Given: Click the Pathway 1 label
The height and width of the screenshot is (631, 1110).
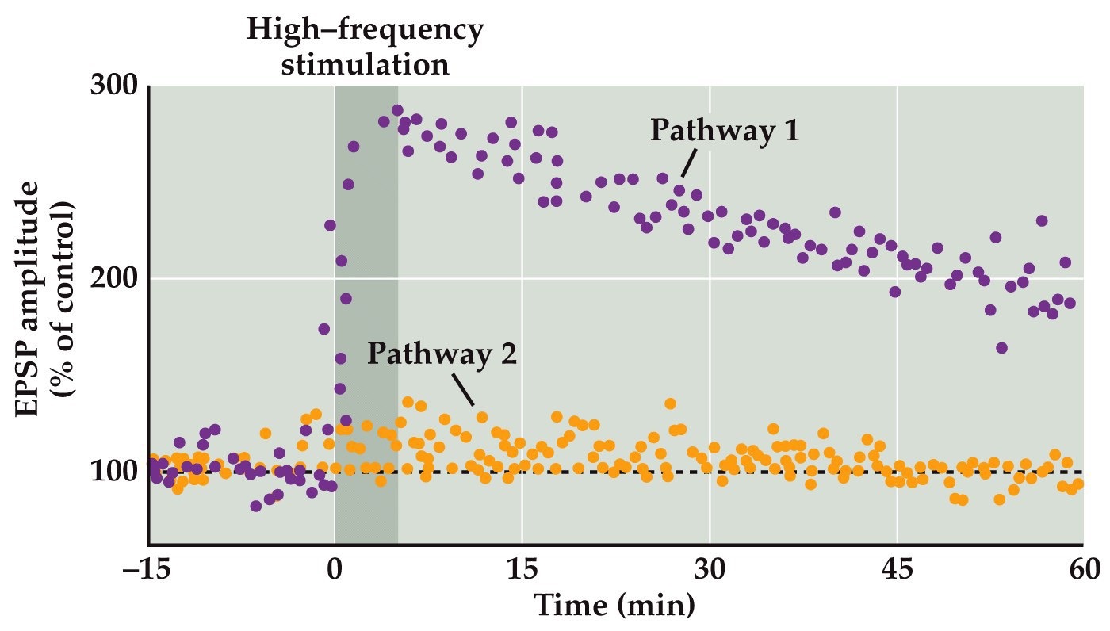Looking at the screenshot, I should pyautogui.click(x=725, y=131).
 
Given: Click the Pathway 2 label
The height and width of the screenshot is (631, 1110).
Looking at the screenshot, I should pyautogui.click(x=442, y=354).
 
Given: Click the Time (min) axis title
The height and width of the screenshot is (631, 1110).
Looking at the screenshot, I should pyautogui.click(x=615, y=606).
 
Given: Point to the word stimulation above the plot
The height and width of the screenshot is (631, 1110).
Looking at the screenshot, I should pyautogui.click(x=366, y=63).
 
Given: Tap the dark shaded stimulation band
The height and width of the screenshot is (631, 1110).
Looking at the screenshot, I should pyautogui.click(x=366, y=317).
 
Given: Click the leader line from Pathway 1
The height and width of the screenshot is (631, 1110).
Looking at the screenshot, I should pyautogui.click(x=688, y=164).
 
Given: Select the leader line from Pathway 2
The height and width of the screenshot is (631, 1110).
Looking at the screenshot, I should pyautogui.click(x=464, y=388).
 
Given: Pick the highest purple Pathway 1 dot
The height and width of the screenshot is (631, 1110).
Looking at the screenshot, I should pyautogui.click(x=397, y=110).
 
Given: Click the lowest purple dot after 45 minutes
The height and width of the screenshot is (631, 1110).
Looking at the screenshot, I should pyautogui.click(x=1001, y=348).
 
